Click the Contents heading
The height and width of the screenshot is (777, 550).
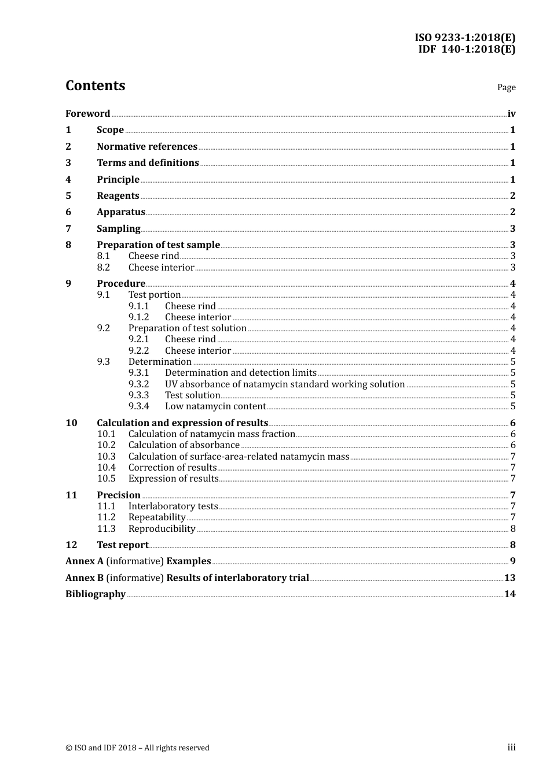click(95, 86)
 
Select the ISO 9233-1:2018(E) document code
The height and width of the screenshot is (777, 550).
click(464, 38)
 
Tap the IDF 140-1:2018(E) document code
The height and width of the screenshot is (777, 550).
click(467, 49)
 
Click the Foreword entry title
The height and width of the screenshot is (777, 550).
click(87, 113)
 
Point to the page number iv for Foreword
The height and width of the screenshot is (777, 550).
click(511, 113)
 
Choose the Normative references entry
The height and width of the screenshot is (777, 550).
click(147, 146)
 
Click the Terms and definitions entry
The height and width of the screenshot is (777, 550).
click(148, 162)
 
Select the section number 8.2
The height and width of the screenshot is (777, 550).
click(103, 267)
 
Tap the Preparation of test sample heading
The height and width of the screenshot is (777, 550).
click(158, 245)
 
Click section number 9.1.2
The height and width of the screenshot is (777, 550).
click(138, 317)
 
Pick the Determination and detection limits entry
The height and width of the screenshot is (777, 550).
click(240, 372)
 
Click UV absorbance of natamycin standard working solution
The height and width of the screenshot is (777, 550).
click(284, 384)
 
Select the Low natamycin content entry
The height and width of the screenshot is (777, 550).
click(215, 406)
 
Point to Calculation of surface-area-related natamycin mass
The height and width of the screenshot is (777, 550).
click(239, 456)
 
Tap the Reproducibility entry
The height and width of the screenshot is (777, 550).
click(162, 528)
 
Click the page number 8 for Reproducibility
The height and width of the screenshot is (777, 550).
click(513, 528)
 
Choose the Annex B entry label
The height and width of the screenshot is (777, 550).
click(85, 578)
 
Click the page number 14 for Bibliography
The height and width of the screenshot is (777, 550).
click(509, 594)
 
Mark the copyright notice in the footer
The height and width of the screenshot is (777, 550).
click(137, 748)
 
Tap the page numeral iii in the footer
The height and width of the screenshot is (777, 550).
click(511, 748)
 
